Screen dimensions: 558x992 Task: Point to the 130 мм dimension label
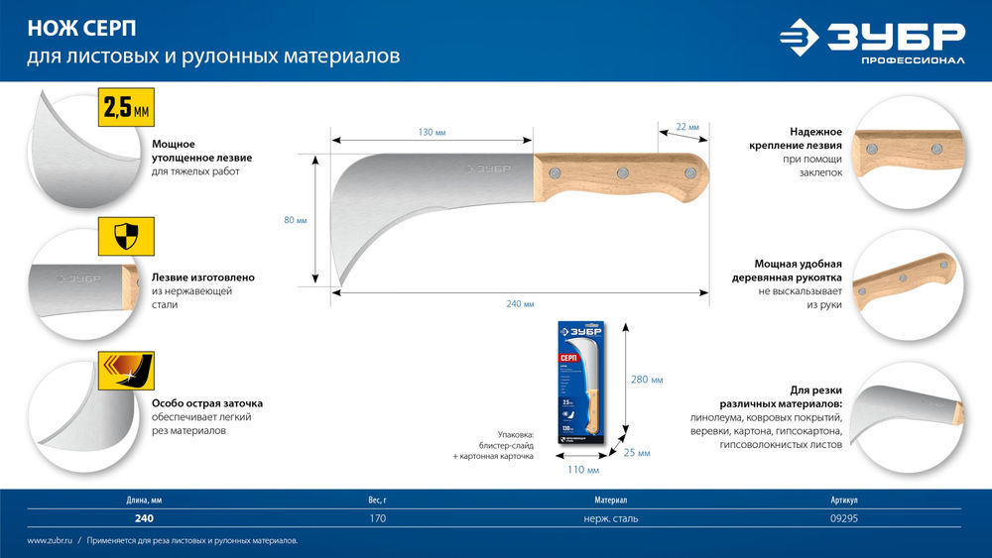click(432, 133)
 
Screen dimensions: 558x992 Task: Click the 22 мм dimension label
click(687, 127)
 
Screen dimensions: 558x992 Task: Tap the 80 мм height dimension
click(296, 220)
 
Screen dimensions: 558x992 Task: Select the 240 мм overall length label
click(520, 303)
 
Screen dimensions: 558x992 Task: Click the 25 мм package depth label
click(637, 453)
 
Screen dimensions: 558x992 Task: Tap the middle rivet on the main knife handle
click(622, 173)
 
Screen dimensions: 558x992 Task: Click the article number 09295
click(844, 518)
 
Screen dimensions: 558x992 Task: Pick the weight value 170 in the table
click(378, 518)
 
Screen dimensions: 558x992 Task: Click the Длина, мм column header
click(144, 501)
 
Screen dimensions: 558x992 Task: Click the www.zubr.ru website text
click(49, 541)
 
